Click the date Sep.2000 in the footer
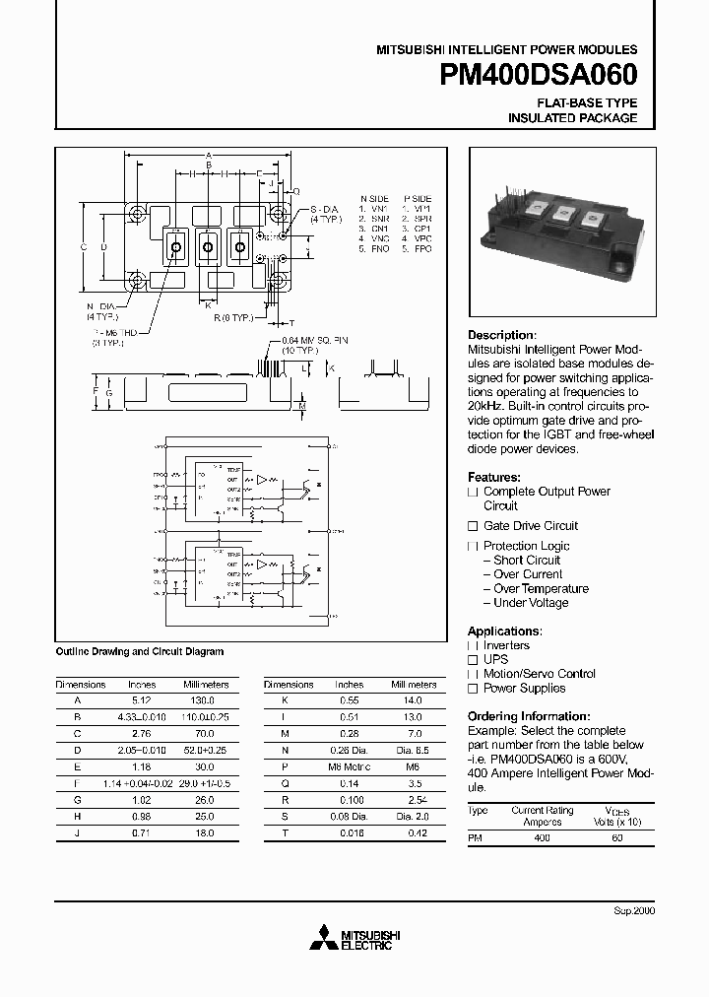coord(634,910)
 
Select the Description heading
coord(501,335)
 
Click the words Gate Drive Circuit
coord(531,526)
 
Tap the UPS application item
coord(495,659)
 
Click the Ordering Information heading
coord(528,716)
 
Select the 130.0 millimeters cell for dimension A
coord(206,700)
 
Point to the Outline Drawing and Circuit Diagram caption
coord(139,651)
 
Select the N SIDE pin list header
coord(374,198)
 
